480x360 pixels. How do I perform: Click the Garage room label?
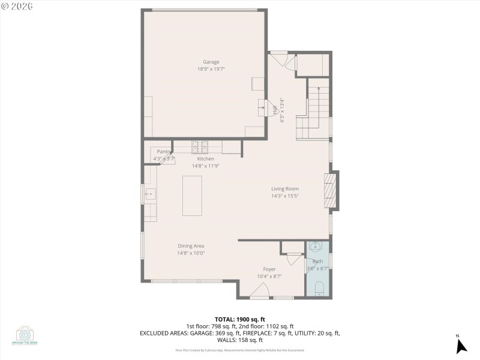211,62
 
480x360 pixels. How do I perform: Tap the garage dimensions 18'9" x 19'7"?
211,69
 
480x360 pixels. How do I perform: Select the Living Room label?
284,188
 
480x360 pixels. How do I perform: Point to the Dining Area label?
191,245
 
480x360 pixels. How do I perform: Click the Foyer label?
269,269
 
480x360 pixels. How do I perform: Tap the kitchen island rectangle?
193,196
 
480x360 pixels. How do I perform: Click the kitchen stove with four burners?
199,145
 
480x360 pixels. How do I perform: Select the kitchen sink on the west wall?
149,194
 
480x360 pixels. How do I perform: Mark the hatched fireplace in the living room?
328,190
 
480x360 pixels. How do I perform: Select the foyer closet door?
294,259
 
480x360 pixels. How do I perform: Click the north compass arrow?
461,346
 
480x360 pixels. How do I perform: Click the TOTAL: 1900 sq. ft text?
239,319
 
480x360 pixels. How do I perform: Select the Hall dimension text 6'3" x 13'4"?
281,110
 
